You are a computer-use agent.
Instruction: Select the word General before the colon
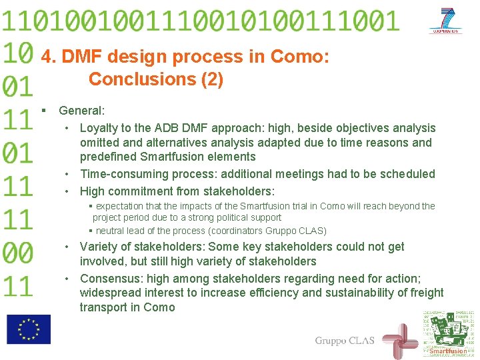click(79, 111)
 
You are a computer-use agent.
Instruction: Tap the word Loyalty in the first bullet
click(99, 128)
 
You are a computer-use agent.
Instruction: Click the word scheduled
click(407, 174)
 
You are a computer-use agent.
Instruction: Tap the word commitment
click(146, 191)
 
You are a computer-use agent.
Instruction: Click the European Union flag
click(29, 329)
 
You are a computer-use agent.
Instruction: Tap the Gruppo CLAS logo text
click(345, 341)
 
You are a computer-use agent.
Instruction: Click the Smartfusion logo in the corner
click(447, 333)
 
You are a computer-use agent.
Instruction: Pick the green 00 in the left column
click(18, 253)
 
